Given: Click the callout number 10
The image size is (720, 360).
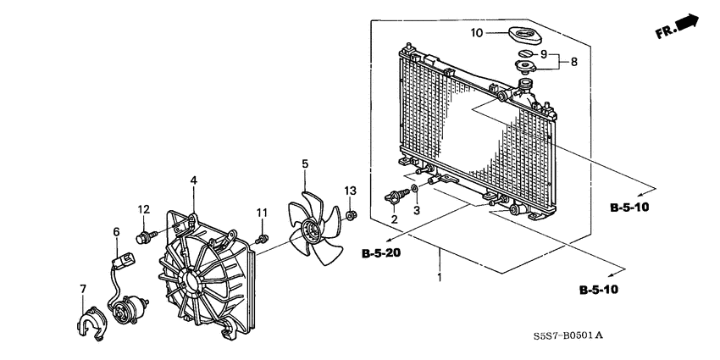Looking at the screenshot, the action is (x=477, y=33).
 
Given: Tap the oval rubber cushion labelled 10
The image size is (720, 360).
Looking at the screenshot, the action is (x=525, y=36).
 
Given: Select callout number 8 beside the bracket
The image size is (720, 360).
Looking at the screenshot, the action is (x=574, y=62).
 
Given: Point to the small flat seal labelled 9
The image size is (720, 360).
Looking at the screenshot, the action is (x=524, y=53).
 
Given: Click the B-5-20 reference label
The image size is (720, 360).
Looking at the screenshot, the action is (x=380, y=253).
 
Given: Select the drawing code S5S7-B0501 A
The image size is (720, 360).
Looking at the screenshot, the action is (x=568, y=336).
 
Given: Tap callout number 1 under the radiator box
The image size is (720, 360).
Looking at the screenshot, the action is (x=440, y=278).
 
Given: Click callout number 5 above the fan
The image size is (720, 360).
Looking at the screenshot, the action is (x=305, y=164).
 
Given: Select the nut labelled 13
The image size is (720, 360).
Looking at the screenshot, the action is (x=352, y=215).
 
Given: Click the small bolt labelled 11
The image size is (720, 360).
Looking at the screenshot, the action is (x=263, y=239).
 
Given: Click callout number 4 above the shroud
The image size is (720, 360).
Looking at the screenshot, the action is (x=194, y=180).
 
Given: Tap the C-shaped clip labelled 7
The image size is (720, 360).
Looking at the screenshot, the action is (x=91, y=324).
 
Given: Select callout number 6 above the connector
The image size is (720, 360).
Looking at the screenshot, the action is (x=116, y=232).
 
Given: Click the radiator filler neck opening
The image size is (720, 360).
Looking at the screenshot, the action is (x=524, y=83).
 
